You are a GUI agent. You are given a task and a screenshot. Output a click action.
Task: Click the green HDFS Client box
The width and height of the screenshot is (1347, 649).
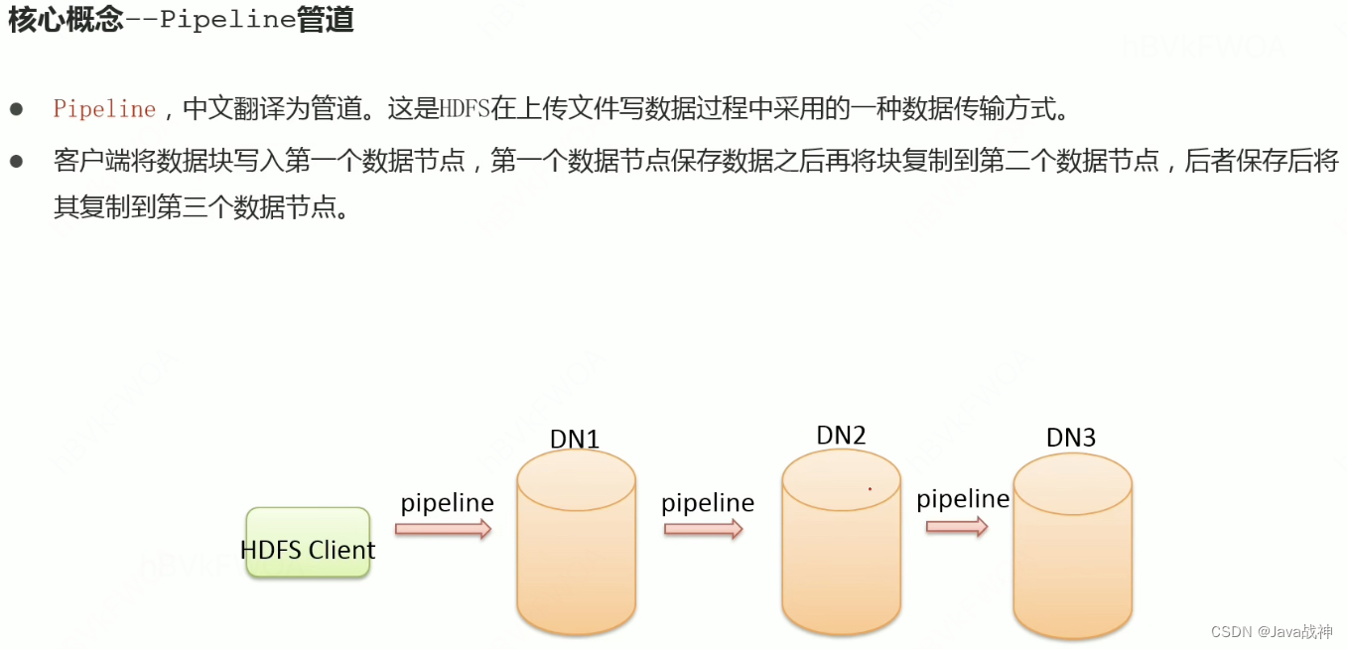(308, 544)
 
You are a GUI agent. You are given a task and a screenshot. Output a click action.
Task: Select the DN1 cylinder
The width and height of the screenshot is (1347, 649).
(576, 546)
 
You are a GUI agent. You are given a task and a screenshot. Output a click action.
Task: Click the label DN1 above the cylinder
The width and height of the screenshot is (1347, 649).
(575, 439)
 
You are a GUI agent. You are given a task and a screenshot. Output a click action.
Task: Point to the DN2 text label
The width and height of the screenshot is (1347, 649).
(841, 435)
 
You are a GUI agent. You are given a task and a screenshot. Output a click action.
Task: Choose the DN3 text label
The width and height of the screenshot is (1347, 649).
(1071, 438)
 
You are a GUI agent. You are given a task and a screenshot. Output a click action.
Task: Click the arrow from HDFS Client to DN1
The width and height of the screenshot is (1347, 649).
(444, 529)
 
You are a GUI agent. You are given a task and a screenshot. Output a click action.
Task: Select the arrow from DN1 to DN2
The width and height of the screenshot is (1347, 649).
(704, 529)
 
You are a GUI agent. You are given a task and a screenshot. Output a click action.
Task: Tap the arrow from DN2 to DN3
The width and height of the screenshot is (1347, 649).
(957, 526)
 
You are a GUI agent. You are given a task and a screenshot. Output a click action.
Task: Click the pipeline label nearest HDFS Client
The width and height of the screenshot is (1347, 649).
(447, 503)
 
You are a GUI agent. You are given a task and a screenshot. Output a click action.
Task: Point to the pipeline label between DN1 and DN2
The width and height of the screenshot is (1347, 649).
(708, 503)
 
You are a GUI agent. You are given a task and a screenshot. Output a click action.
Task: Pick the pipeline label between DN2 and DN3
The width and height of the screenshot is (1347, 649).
(963, 499)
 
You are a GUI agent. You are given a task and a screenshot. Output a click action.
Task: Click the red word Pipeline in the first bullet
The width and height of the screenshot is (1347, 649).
(104, 109)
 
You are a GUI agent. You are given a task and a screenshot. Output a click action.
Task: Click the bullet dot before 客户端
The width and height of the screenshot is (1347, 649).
(16, 161)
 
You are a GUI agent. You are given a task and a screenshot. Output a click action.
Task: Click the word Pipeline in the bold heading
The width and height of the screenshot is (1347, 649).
(227, 21)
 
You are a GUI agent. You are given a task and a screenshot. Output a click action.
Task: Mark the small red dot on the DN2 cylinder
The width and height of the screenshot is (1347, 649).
(870, 488)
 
